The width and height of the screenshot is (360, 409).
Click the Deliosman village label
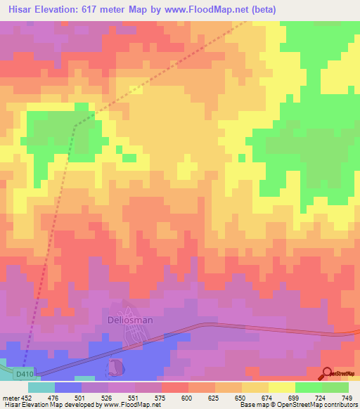click(129, 320)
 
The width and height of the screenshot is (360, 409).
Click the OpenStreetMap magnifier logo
click(327, 373)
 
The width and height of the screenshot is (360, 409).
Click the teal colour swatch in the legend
click(41, 387)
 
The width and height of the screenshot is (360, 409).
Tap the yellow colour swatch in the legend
click(281, 387)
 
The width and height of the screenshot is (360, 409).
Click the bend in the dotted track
click(75, 125)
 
